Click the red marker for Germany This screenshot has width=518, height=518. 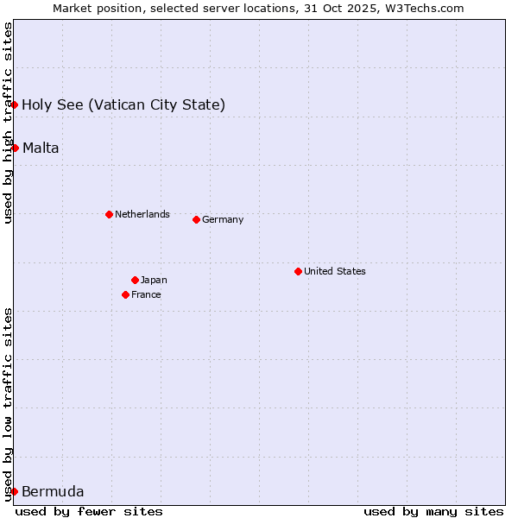pos(196,219)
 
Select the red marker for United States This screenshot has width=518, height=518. pos(298,271)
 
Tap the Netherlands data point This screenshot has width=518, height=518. pos(109,214)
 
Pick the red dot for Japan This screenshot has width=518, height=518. pos(135,280)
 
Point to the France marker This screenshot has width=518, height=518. pos(125,294)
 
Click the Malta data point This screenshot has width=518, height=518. pos(15,148)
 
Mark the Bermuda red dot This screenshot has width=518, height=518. pos(14,491)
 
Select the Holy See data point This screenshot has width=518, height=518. pos(14,104)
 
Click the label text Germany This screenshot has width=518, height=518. pos(223,219)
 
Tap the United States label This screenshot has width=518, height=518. pos(335,271)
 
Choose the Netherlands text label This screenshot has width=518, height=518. pos(142,214)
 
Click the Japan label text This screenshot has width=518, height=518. pos(154,280)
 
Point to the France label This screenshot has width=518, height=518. pos(146,294)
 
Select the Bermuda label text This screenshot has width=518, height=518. pos(53,492)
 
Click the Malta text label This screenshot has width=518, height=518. pos(41,148)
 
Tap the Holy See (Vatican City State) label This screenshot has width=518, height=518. pos(123,105)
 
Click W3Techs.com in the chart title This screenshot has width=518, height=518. pos(424,8)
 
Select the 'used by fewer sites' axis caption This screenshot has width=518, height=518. pos(89,511)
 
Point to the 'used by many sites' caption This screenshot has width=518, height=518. pos(433,511)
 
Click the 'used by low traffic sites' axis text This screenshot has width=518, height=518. pos(9,403)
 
